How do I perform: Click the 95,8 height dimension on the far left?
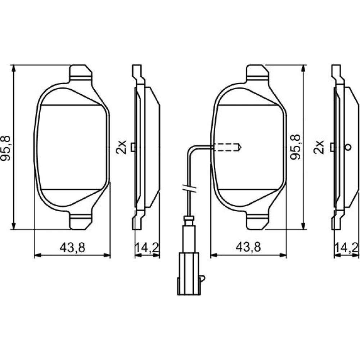5,148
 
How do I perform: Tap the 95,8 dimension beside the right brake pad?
295,147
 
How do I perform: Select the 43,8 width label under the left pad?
72,248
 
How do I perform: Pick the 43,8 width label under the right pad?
248,247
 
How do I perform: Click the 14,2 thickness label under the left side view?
147,248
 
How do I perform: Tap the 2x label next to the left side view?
121,147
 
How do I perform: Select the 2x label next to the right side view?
319,147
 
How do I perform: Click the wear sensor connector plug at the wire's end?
188,274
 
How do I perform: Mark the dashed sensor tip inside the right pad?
227,147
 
